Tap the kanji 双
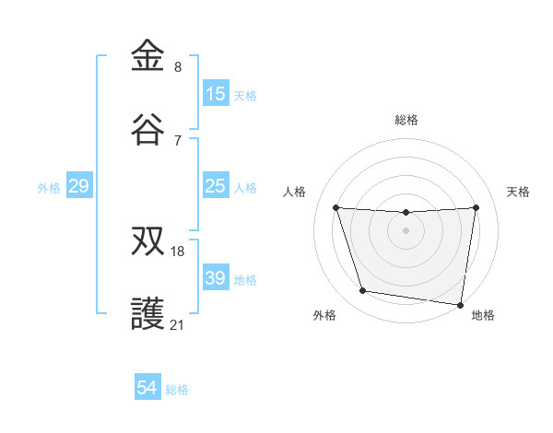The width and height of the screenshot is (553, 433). tap(148, 240)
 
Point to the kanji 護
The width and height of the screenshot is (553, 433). tap(148, 314)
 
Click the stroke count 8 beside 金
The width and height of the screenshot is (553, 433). tap(178, 66)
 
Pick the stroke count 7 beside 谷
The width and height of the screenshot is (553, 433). tap(178, 140)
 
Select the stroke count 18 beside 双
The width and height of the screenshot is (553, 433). tap(178, 251)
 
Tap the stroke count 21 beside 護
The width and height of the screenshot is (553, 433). tap(178, 324)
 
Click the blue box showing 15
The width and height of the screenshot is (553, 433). tap(216, 94)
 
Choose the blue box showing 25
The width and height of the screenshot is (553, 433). tap(216, 187)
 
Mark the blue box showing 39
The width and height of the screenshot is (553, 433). tap(216, 278)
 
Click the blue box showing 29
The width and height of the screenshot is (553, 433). tap(79, 187)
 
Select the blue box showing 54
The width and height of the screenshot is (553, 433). tap(147, 389)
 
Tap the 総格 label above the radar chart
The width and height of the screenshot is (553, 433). tap(406, 120)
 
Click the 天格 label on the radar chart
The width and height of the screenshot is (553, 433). tap(518, 192)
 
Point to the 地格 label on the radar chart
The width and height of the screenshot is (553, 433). tap(483, 315)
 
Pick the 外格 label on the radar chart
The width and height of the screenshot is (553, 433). tap(324, 315)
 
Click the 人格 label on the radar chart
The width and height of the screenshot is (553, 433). tap(296, 192)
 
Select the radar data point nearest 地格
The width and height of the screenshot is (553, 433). tap(460, 304)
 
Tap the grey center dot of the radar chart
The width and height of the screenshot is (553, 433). tap(406, 230)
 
